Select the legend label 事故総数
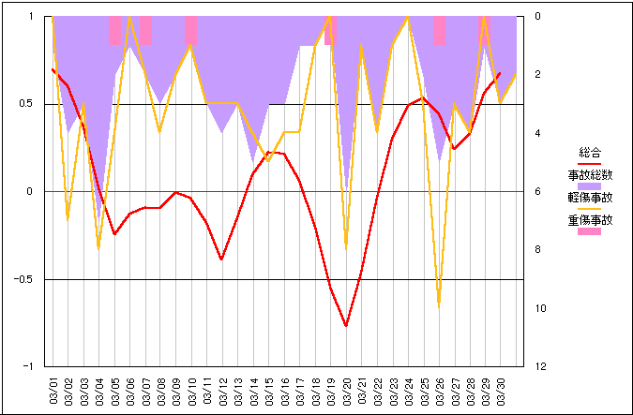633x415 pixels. click(589, 174)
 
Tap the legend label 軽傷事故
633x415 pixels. click(589, 198)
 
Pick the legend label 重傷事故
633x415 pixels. click(589, 221)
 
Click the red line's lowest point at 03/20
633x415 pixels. click(346, 326)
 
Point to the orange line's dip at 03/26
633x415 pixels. click(439, 305)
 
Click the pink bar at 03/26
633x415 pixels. click(439, 30)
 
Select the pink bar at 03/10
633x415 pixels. click(191, 30)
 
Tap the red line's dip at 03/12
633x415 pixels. click(222, 259)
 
